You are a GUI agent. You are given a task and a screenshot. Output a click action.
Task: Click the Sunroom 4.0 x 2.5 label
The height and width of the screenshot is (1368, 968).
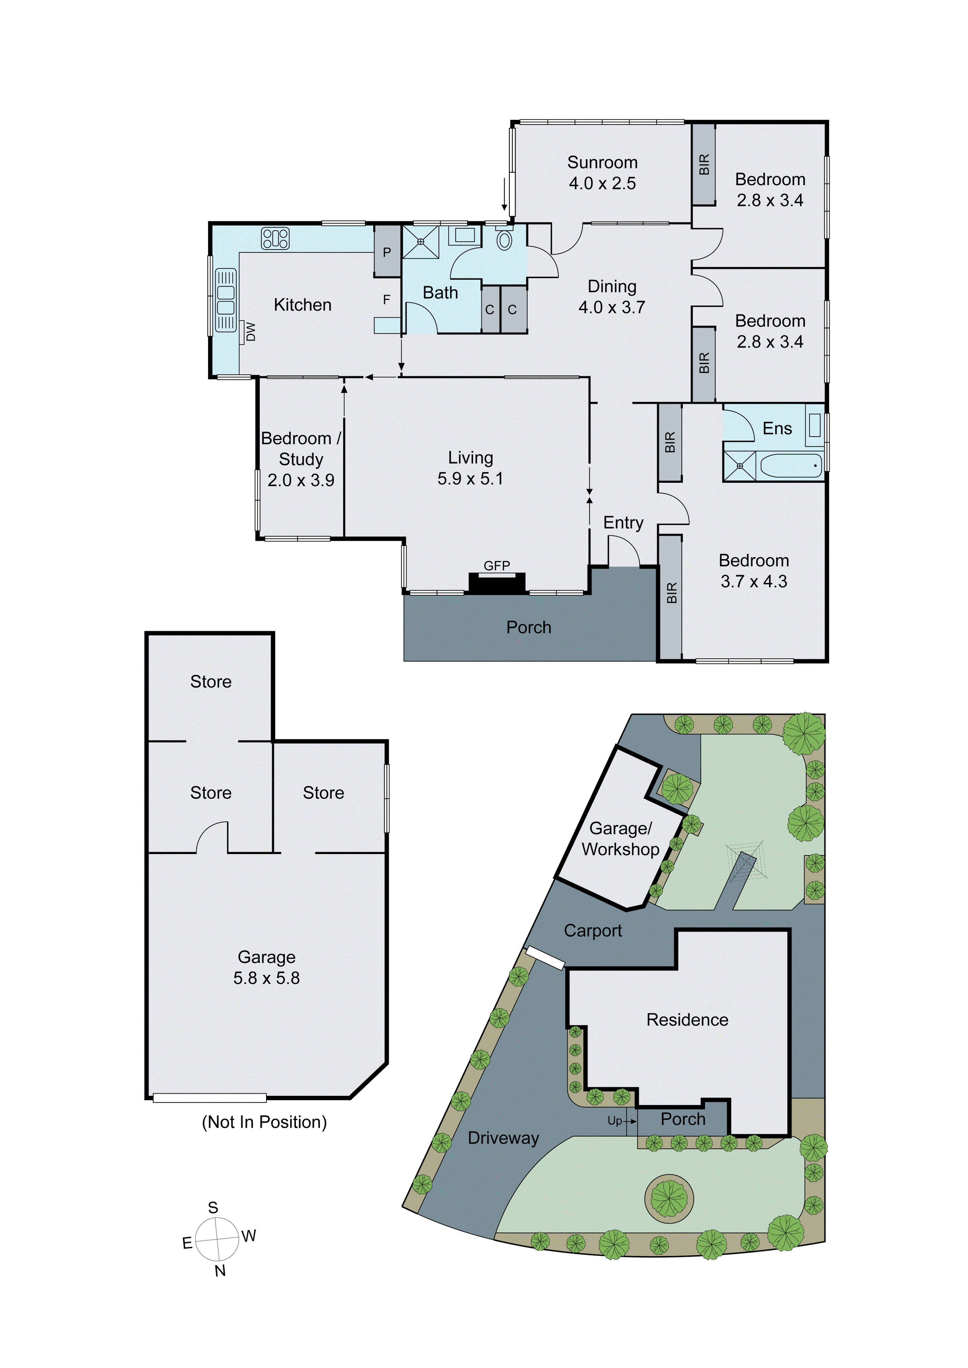pos(602,173)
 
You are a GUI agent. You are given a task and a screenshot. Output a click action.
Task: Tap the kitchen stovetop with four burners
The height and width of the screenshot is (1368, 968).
pos(275,238)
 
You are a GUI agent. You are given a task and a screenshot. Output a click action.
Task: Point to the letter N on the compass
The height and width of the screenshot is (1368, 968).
pos(220,1271)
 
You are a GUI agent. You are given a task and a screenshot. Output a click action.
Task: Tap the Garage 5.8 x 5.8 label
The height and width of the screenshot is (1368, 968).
pos(267,967)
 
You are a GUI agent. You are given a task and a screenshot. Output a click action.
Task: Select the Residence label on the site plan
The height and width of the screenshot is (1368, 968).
pos(687,1019)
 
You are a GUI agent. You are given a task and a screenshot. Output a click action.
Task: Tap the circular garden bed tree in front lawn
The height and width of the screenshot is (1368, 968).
pos(669,1198)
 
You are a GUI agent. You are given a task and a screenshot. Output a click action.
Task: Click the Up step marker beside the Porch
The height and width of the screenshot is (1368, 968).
pos(615,1121)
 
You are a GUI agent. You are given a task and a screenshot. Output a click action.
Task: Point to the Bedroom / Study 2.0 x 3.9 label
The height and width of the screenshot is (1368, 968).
pos(301,459)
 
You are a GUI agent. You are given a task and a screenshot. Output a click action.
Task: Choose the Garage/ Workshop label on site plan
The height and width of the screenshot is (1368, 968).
pos(620,839)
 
